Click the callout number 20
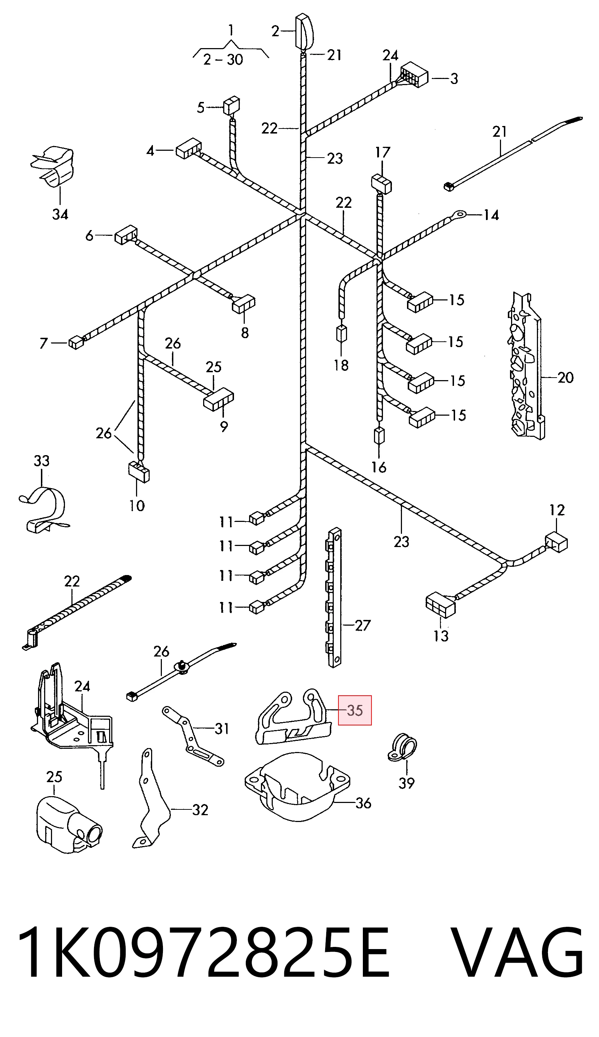click(566, 377)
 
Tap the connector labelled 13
click(440, 605)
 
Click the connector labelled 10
click(139, 471)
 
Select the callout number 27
click(362, 626)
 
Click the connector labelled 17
click(382, 183)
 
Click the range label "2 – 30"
click(223, 60)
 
